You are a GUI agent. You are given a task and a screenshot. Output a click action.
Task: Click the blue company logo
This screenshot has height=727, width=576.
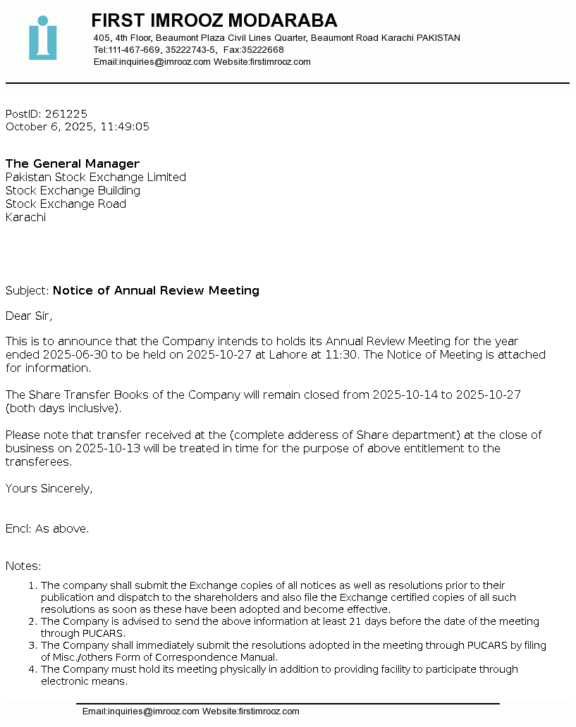point(43,38)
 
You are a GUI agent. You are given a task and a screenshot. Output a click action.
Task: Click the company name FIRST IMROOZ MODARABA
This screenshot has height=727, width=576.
point(214,20)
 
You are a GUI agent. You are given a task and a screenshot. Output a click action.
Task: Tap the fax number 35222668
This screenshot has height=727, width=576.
point(262,50)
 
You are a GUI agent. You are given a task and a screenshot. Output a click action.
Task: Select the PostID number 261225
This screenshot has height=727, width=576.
point(66,113)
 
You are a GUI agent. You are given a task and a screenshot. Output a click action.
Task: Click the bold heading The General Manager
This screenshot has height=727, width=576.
point(73,163)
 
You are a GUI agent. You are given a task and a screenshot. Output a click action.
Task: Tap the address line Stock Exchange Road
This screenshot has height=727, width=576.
point(66,204)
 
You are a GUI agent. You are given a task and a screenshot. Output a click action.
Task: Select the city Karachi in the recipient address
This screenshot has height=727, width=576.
point(25,217)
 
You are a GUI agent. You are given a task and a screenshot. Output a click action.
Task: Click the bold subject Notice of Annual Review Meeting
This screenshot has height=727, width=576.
point(156,290)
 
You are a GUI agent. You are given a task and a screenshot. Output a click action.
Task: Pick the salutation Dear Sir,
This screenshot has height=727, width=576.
point(29,316)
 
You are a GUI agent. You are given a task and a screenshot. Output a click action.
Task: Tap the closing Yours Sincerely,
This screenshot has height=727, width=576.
point(49,488)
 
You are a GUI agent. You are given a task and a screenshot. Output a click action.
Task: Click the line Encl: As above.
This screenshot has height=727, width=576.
point(47,528)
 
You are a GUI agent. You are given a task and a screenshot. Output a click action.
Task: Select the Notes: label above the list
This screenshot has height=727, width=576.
point(23,566)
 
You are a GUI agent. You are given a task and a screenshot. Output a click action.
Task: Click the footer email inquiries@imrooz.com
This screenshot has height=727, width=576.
point(141,712)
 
